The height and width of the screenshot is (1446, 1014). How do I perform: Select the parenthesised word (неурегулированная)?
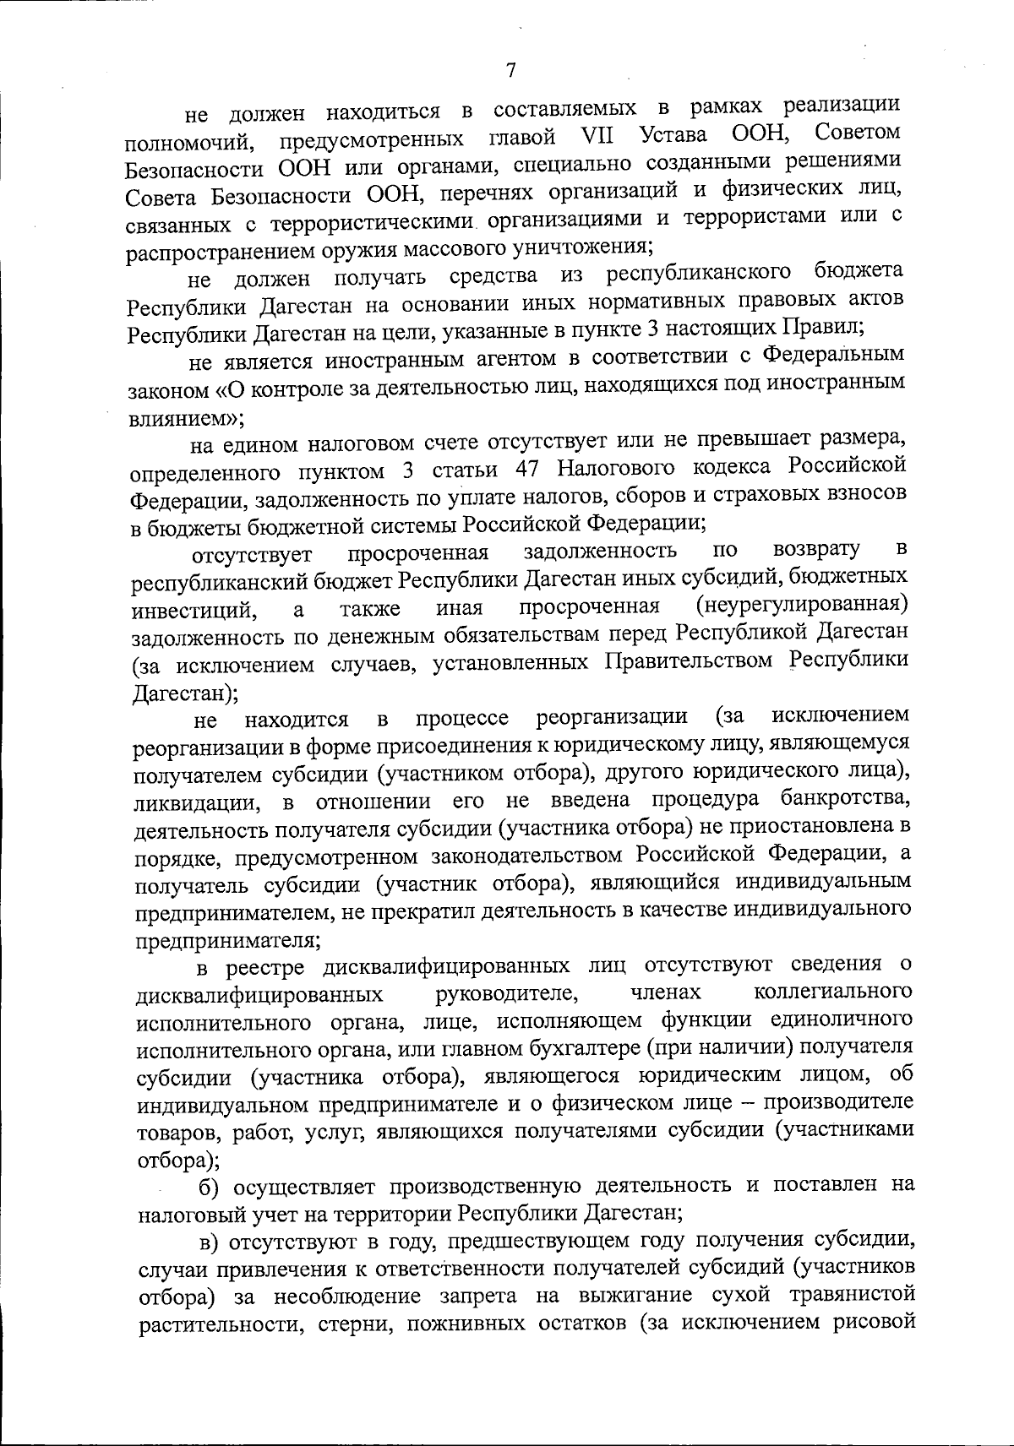pos(802,605)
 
